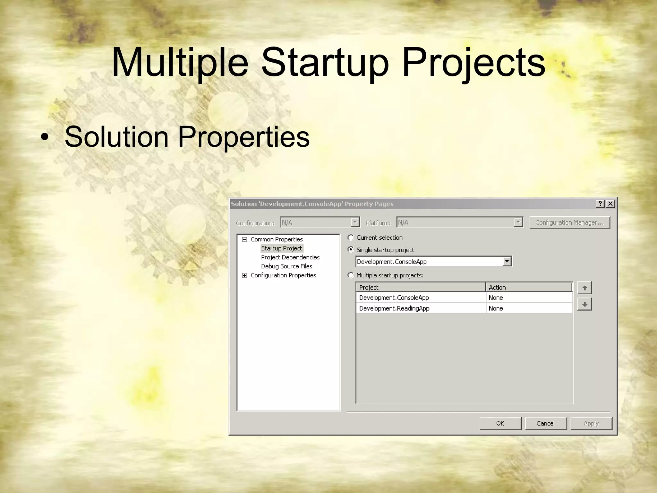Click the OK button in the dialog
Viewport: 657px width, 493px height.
(500, 423)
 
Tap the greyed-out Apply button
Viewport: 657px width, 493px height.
(591, 423)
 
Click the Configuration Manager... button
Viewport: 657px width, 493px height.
(569, 222)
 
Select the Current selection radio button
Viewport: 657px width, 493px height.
(351, 238)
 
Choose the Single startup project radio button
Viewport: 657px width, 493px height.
(351, 249)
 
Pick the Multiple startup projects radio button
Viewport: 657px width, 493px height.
(351, 275)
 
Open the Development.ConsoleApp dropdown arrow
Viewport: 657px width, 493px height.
(507, 261)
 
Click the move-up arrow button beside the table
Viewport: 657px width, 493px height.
(584, 288)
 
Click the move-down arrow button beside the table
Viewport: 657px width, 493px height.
(584, 304)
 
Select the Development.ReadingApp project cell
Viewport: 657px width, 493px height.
(394, 308)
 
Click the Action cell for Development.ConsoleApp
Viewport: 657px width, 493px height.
(496, 298)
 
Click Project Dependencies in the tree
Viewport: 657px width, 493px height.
(290, 257)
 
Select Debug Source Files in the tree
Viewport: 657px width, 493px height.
(286, 266)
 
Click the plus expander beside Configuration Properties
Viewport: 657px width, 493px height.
(245, 275)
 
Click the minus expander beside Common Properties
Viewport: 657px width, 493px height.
(245, 239)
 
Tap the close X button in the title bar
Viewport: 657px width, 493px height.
(610, 204)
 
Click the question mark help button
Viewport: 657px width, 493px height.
(600, 204)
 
